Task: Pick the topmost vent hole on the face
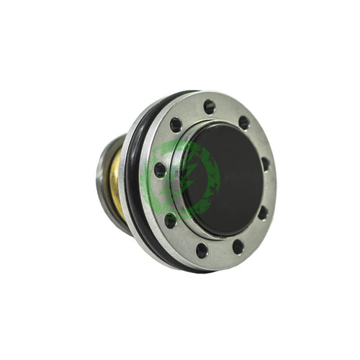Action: tap(210, 106)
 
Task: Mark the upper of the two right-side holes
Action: tap(266, 163)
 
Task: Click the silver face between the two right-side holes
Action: tap(267, 189)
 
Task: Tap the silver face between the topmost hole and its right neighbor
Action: tap(228, 111)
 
